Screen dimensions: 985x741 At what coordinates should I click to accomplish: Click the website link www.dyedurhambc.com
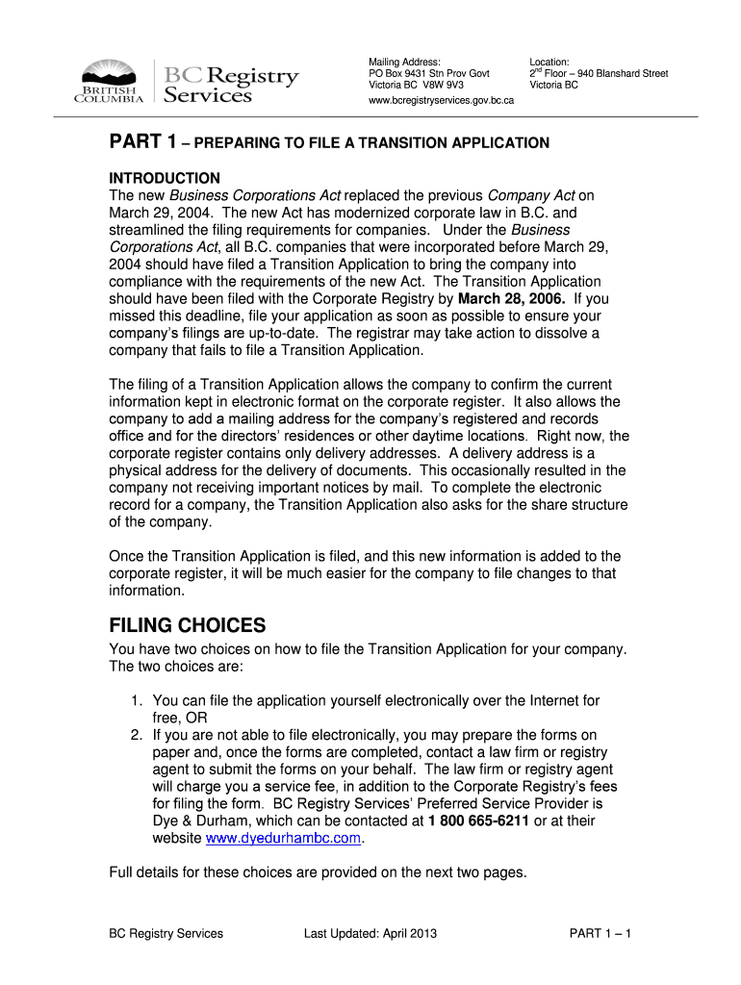pyautogui.click(x=284, y=838)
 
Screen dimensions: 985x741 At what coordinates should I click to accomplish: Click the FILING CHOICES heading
pyautogui.click(x=188, y=626)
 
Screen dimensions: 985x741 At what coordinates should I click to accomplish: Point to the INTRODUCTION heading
pyautogui.click(x=165, y=178)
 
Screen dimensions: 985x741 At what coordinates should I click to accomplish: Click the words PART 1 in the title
pyautogui.click(x=141, y=142)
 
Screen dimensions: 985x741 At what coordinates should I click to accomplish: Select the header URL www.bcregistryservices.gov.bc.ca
pyautogui.click(x=442, y=99)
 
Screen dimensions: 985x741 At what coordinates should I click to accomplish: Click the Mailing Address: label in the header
pyautogui.click(x=404, y=61)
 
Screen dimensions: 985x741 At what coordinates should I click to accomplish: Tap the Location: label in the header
pyautogui.click(x=549, y=61)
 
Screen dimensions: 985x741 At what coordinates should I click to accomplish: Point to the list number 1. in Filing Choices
pyautogui.click(x=138, y=701)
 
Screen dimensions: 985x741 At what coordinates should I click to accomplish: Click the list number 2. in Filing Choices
pyautogui.click(x=138, y=736)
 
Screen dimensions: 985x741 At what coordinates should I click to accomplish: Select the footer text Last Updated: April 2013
pyautogui.click(x=363, y=933)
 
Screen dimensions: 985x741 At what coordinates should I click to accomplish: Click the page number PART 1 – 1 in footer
pyautogui.click(x=600, y=933)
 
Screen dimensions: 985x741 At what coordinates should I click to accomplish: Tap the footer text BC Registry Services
pyautogui.click(x=166, y=933)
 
